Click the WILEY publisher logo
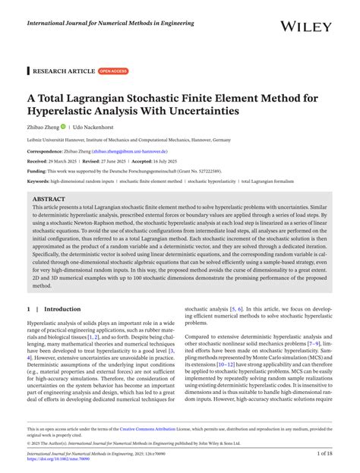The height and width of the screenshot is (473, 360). pyautogui.click(x=306, y=27)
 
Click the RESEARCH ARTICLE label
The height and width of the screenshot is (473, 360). pyautogui.click(x=63, y=71)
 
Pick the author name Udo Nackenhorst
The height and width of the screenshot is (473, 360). pyautogui.click(x=95, y=127)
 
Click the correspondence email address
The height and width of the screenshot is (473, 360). pyautogui.click(x=135, y=151)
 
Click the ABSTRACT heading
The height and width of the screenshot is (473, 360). pyautogui.click(x=48, y=199)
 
